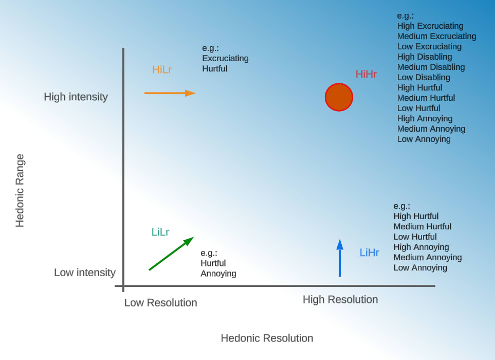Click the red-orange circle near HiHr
(x=339, y=97)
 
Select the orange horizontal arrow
(x=170, y=93)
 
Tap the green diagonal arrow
(x=171, y=254)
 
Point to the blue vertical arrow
(x=340, y=258)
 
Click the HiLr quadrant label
(x=162, y=70)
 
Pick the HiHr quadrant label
(x=366, y=74)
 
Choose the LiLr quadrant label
(x=160, y=232)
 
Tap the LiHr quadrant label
(x=370, y=253)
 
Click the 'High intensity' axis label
(x=76, y=97)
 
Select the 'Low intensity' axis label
(x=85, y=273)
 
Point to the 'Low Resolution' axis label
(x=161, y=303)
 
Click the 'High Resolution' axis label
(x=340, y=299)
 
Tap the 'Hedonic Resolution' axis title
(x=267, y=338)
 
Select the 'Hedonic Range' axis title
(x=20, y=190)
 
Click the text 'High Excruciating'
(x=430, y=26)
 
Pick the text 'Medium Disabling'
(x=431, y=67)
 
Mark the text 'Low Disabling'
(x=424, y=77)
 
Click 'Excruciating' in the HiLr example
(x=225, y=58)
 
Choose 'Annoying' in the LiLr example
(x=218, y=274)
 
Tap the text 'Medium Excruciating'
(x=437, y=36)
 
